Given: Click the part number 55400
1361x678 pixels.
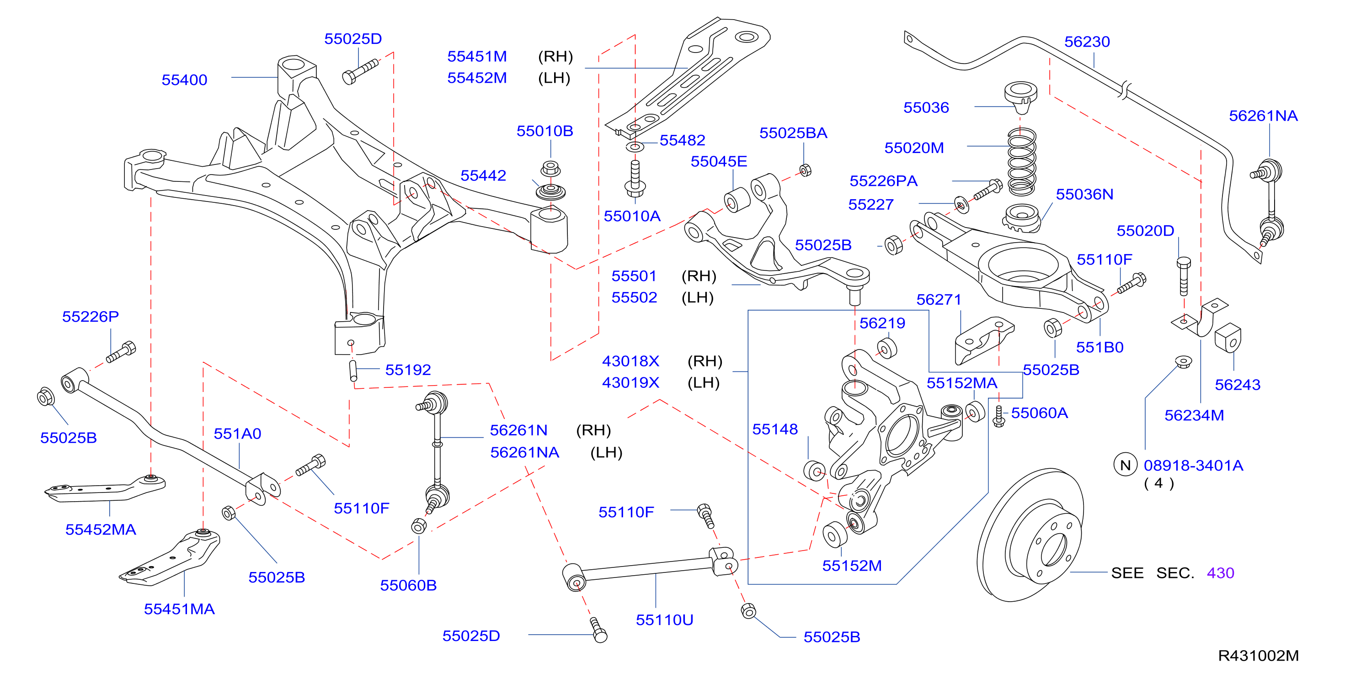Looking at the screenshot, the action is pyautogui.click(x=184, y=80).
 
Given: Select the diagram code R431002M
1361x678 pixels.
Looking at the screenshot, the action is pyautogui.click(x=1258, y=655).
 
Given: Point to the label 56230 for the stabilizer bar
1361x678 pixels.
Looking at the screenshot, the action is pyautogui.click(x=1087, y=42).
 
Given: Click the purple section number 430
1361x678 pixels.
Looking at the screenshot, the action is pyautogui.click(x=1220, y=573).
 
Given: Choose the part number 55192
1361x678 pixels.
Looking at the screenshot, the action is pyautogui.click(x=408, y=370).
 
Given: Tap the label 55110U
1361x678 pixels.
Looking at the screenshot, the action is pyautogui.click(x=664, y=620).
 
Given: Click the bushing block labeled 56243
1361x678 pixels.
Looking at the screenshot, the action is pyautogui.click(x=1228, y=338).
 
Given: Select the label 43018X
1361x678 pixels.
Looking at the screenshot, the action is pyautogui.click(x=630, y=361).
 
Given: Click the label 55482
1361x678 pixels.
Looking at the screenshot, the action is pyautogui.click(x=682, y=140).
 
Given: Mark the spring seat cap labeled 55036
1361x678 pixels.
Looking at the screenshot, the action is pyautogui.click(x=1021, y=97).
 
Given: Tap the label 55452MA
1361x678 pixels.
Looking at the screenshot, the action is pyautogui.click(x=101, y=530).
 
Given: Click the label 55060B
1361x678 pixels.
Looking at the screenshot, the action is pyautogui.click(x=408, y=585).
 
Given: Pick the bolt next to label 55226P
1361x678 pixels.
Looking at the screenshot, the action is pyautogui.click(x=121, y=352).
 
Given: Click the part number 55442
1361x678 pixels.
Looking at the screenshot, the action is pyautogui.click(x=483, y=175).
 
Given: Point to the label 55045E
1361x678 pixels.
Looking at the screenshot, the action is pyautogui.click(x=719, y=161).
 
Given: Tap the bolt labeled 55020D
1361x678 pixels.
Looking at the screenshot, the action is pyautogui.click(x=1184, y=276).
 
